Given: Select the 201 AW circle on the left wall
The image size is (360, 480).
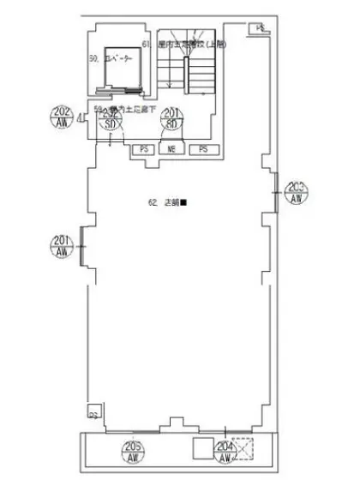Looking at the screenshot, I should click(x=62, y=247).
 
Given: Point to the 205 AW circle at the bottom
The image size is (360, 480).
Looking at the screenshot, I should click(x=133, y=449).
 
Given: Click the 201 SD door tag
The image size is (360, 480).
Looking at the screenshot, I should click(x=171, y=119).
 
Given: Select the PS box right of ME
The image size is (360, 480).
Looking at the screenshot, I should click(x=204, y=149).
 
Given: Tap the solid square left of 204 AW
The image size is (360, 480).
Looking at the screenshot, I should click(x=202, y=448).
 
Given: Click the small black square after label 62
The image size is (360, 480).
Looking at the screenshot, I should click(x=183, y=203).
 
